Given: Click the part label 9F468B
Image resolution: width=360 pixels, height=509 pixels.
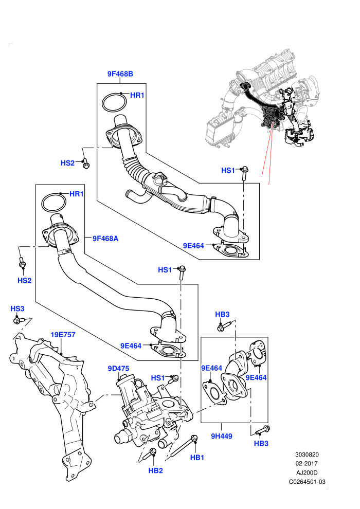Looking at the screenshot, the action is [x=120, y=74].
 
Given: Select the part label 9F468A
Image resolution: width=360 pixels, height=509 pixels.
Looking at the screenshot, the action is [x=105, y=239].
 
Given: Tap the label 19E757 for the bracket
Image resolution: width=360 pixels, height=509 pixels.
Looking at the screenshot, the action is [x=63, y=335].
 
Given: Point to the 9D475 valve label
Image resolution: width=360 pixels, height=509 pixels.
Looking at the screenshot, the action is [x=118, y=369].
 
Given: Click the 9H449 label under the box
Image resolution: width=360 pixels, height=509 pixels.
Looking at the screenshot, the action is [x=222, y=437].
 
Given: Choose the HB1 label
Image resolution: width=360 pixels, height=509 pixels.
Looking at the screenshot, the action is [x=197, y=458].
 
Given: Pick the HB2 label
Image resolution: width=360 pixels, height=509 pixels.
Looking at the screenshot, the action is [x=155, y=470].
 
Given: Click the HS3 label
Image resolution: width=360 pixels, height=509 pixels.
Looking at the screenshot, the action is [x=17, y=308].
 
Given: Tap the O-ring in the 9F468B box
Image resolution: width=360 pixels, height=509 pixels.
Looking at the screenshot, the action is [x=114, y=103].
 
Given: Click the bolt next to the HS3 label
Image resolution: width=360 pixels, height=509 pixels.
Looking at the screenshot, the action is [x=19, y=321].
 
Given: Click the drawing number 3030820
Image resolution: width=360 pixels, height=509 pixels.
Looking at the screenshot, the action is [x=307, y=455].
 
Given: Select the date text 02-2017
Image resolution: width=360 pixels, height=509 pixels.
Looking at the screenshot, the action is [x=307, y=464].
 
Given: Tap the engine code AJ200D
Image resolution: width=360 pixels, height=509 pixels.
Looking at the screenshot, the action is [x=307, y=472].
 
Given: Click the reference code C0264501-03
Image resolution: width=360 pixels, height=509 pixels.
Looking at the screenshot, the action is [x=307, y=482].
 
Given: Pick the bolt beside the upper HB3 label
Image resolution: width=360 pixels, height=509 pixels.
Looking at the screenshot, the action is [x=224, y=326].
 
